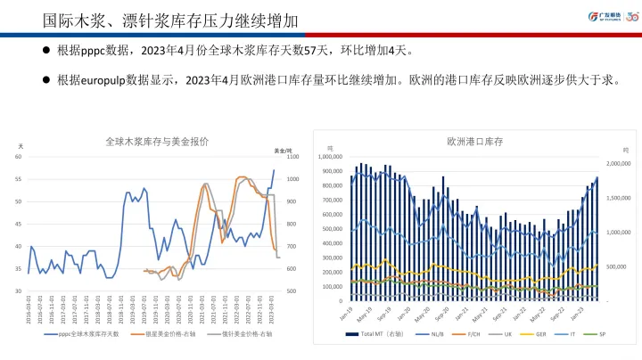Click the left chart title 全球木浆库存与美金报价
pos(158,141)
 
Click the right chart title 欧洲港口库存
pos(476,141)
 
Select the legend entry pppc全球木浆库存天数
pos(89,335)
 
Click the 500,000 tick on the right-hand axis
pos(618,266)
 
